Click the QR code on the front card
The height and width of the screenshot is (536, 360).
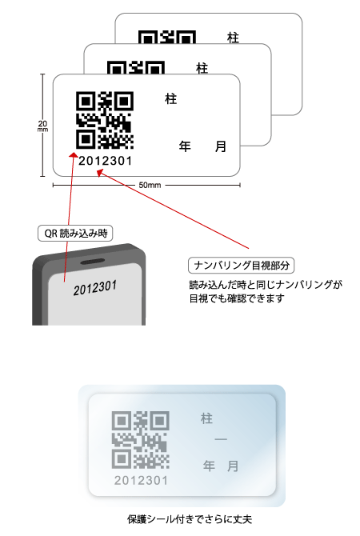point(105,120)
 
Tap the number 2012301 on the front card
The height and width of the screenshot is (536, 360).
point(106,161)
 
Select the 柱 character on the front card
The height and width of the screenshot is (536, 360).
point(171,99)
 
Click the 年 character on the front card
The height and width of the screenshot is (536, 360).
point(185,146)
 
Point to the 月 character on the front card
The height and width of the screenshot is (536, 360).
point(221,146)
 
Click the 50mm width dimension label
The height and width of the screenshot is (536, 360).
point(150,185)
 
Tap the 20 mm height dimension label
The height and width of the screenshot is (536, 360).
point(42,126)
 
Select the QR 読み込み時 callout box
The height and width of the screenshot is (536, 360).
point(75,234)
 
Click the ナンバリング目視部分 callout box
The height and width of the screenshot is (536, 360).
point(241,266)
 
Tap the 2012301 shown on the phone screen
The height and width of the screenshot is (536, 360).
point(95,288)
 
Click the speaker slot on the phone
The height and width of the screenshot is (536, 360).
point(93,262)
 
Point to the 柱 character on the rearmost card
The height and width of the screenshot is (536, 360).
point(233,38)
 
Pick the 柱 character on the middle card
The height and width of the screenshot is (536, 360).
point(202,68)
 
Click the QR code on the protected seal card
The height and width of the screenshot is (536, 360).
point(141,440)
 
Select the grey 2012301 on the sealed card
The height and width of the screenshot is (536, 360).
point(141,481)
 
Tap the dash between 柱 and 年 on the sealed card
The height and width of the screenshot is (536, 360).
point(221,439)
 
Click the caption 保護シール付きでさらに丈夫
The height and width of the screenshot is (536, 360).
point(190,519)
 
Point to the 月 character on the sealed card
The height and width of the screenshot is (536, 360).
point(233,466)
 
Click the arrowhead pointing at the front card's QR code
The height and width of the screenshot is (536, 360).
point(74,155)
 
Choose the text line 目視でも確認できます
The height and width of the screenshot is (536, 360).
point(237,298)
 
